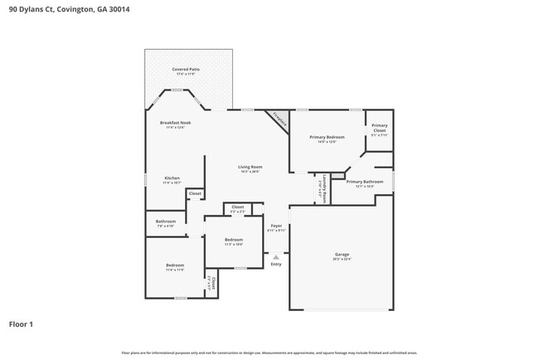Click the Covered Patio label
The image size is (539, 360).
[x=186, y=70]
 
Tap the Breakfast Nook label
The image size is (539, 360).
[x=175, y=123]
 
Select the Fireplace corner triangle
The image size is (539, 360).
[x=279, y=119]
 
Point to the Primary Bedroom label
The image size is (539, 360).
[x=328, y=137]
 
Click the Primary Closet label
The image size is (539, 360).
[x=379, y=128]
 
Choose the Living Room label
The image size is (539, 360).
[x=250, y=167]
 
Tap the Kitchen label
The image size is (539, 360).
[x=172, y=178]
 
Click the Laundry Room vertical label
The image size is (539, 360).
[x=323, y=187]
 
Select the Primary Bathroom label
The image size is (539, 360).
[x=365, y=182]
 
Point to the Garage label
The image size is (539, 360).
[x=342, y=255]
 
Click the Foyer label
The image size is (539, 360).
[x=276, y=226]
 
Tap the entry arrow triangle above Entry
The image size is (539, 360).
[x=276, y=256]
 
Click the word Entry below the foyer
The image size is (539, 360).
[x=276, y=265]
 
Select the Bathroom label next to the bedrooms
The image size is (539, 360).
[x=166, y=221]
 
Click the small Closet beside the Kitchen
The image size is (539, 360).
[x=195, y=193]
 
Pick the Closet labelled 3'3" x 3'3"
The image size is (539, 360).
[x=237, y=212]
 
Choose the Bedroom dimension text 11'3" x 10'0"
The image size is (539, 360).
[x=234, y=245]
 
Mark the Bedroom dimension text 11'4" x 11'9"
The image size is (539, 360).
[x=174, y=270]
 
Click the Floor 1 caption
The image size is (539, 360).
[x=21, y=324]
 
